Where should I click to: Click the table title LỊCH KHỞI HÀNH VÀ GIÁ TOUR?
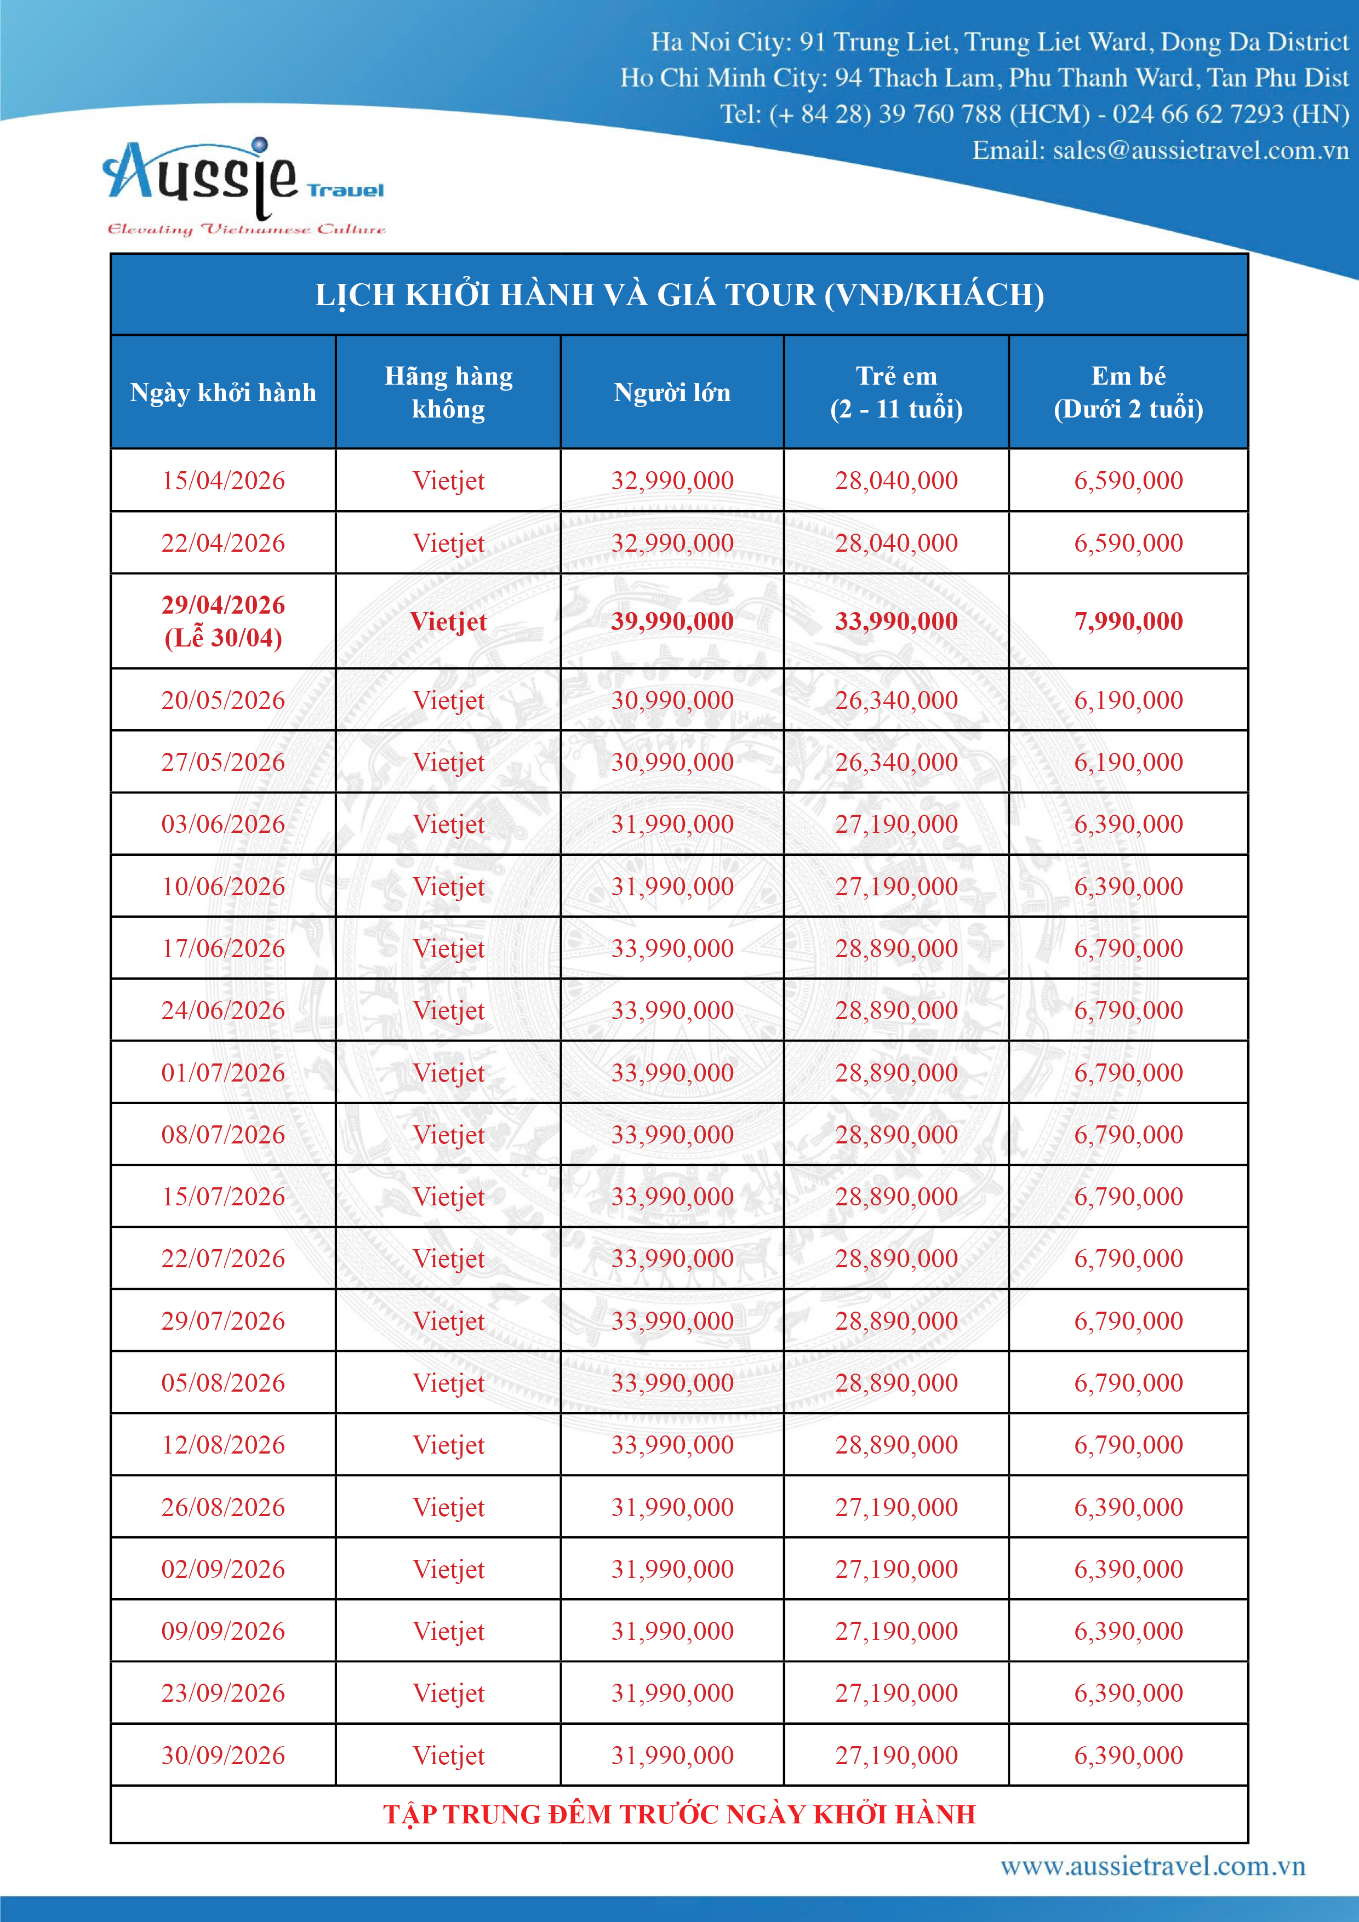[x=679, y=295]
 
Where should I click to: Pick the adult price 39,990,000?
[x=671, y=621]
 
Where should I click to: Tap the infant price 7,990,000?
[x=1128, y=621]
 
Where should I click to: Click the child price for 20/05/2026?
[x=896, y=700]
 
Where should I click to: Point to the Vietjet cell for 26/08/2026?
[x=449, y=1507]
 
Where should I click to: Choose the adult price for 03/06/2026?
[x=671, y=823]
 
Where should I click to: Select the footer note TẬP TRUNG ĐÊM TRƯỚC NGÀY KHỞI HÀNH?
[x=679, y=1814]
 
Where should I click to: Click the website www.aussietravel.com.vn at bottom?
[x=1152, y=1866]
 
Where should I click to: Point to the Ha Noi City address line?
[x=1000, y=42]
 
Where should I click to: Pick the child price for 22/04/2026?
[x=896, y=542]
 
